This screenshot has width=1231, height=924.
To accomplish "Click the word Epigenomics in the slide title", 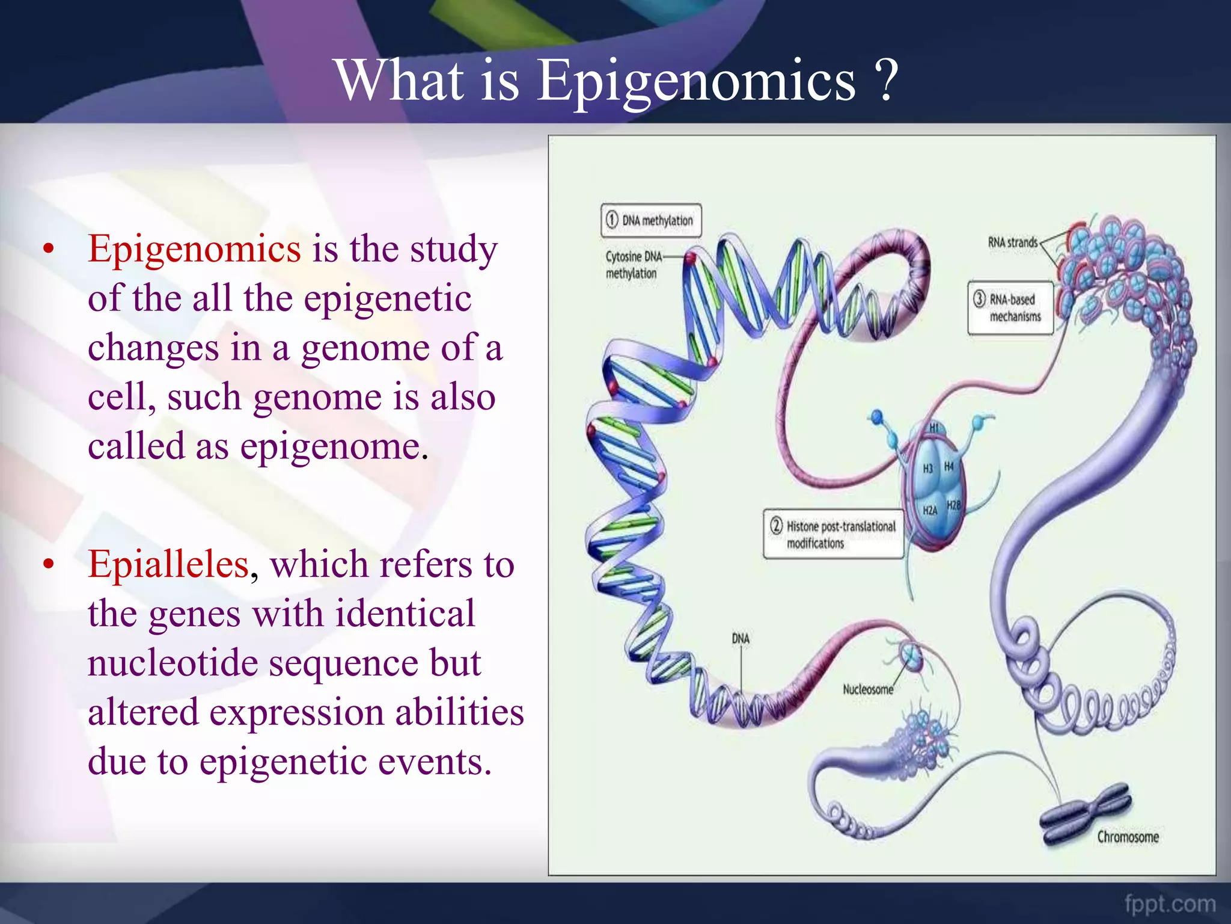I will [695, 81].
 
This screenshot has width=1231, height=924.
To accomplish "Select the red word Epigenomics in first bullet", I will [194, 248].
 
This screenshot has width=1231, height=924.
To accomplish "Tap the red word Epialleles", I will [168, 564].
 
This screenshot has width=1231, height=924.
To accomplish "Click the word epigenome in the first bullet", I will [330, 446].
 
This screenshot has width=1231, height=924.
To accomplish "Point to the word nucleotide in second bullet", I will [172, 663].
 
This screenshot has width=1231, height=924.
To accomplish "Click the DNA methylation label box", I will [650, 220].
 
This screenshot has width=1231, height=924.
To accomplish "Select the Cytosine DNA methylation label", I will [632, 265].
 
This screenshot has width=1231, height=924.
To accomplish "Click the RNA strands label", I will [1012, 242].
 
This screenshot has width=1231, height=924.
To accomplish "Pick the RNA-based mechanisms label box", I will [1010, 307].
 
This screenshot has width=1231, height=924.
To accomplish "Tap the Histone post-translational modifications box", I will [833, 534].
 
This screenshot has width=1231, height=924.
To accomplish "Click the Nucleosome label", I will [867, 689].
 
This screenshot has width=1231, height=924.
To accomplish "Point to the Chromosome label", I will [1128, 837].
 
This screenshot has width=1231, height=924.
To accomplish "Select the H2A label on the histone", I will [929, 510].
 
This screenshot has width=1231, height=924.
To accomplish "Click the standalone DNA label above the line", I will [741, 638].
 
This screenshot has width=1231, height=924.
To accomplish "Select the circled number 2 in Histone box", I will [776, 526].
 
